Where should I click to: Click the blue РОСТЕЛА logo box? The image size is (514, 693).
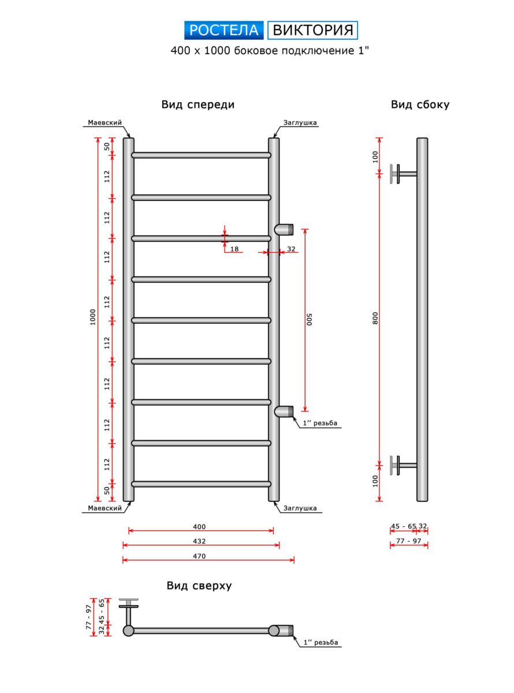[224, 30]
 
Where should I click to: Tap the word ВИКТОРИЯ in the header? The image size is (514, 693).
[312, 30]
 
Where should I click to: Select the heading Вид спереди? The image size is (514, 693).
[198, 105]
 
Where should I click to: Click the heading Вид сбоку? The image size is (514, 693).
[420, 105]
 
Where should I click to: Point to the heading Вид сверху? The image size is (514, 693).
[199, 586]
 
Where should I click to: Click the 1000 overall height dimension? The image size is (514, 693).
[93, 319]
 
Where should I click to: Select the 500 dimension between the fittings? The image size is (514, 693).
[310, 319]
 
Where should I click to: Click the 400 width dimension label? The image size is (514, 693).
[199, 527]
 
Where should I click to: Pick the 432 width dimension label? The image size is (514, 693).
[199, 542]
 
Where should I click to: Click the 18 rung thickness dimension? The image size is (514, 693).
[234, 249]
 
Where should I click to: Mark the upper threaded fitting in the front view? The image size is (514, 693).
[284, 229]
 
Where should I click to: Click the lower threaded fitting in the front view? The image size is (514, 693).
[284, 411]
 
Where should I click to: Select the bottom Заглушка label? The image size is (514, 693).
[300, 508]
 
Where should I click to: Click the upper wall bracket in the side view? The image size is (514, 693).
[401, 173]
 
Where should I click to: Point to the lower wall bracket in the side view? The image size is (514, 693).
[401, 464]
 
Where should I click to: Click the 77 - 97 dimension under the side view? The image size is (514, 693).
[408, 541]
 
